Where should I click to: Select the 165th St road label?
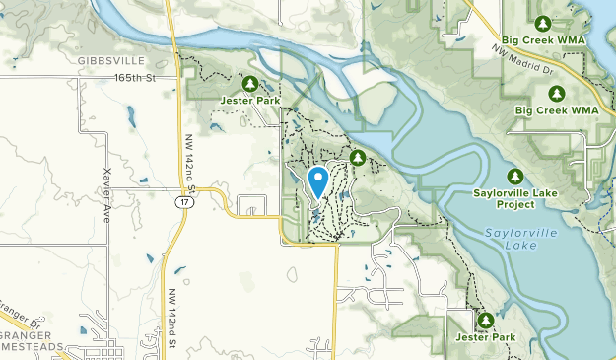click(x=135, y=77)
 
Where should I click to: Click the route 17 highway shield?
click(x=184, y=201)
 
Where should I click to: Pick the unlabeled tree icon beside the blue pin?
click(x=358, y=158)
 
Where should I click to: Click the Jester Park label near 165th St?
click(x=250, y=101)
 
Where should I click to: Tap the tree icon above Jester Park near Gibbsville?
click(x=250, y=84)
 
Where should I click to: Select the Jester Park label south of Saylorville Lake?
click(x=485, y=337)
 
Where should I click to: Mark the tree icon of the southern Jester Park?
click(x=485, y=320)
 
